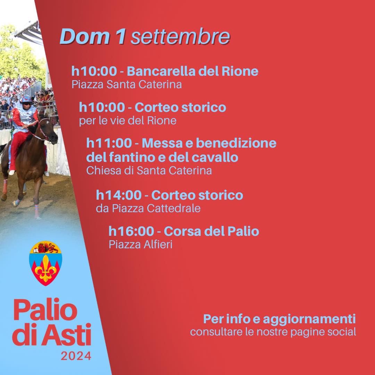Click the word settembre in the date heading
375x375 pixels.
point(180,36)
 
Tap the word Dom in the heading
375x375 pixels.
point(85,36)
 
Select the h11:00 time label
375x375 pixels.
point(109,143)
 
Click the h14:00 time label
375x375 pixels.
point(119,195)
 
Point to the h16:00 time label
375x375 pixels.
point(131,231)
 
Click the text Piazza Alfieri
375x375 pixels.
point(141,244)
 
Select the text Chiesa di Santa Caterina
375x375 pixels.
point(149,170)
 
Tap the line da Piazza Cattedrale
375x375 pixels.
point(148,208)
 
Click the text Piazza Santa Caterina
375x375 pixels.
point(127,84)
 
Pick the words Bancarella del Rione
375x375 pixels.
point(192,71)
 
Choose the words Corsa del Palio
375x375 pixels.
point(211,231)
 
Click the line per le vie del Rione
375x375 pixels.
point(128,120)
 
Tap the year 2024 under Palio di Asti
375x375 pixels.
point(76,356)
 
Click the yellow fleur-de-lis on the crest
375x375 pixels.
point(45,268)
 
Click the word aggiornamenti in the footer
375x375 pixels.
point(309,319)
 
